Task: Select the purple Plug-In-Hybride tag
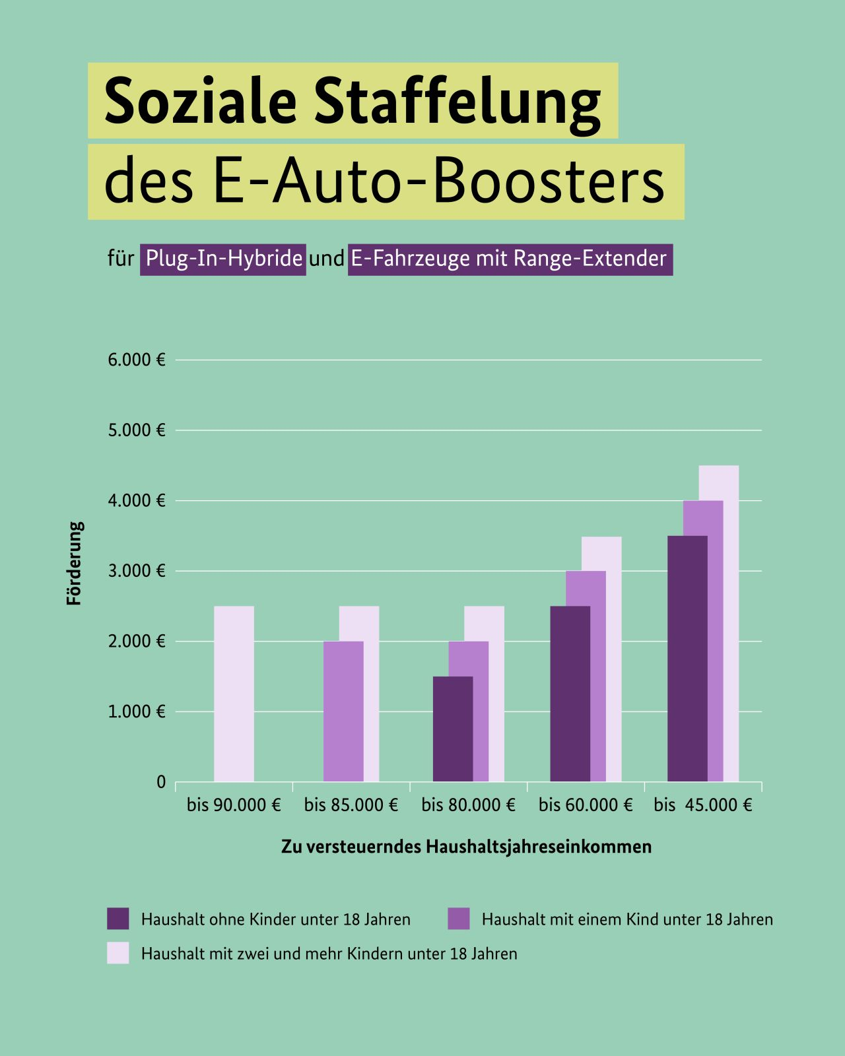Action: tap(223, 258)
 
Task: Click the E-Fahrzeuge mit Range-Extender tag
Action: tap(510, 258)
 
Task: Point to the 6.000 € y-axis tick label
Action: tap(137, 360)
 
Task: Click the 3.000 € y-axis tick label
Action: tap(137, 571)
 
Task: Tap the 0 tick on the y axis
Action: tap(161, 782)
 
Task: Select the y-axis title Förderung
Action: tap(75, 564)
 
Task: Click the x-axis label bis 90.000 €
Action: tap(234, 805)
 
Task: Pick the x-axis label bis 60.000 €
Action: tap(586, 805)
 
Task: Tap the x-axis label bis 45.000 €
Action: tap(703, 805)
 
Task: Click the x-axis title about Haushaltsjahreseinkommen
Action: tap(466, 847)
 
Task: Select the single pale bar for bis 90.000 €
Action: tap(234, 693)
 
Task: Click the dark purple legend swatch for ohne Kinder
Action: tap(118, 919)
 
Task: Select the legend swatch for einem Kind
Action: tap(459, 919)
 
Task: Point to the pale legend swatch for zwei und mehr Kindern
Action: tap(118, 953)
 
